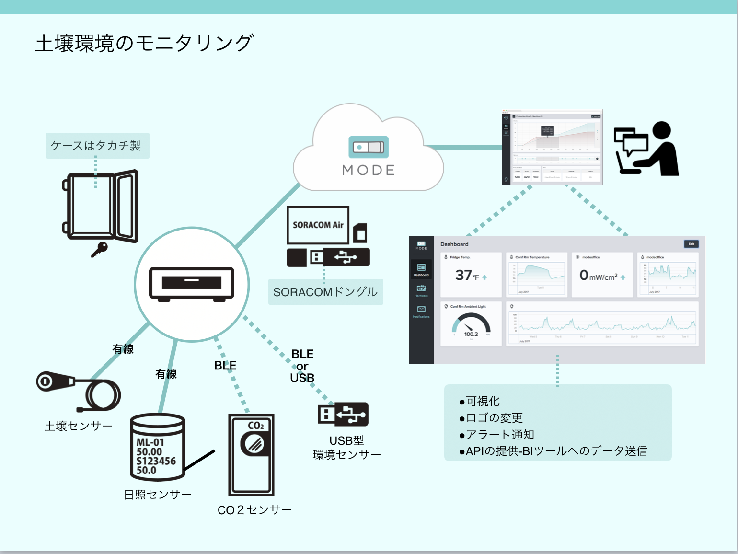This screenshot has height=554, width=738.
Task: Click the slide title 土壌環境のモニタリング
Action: click(x=144, y=43)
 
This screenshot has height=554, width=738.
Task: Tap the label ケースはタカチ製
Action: click(x=96, y=146)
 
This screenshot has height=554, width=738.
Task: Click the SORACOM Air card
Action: click(x=318, y=225)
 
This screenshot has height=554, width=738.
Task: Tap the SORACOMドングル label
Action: click(x=325, y=292)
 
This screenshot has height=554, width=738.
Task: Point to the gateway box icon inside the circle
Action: click(x=192, y=284)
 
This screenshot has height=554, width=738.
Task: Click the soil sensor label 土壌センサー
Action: click(x=79, y=426)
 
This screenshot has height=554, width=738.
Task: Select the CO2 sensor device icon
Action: click(x=252, y=455)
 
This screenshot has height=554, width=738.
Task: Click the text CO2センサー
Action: click(x=254, y=510)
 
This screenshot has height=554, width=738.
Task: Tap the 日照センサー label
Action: click(x=158, y=494)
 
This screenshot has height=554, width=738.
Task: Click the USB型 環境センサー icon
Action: click(x=343, y=414)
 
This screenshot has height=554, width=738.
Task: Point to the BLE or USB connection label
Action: click(x=302, y=366)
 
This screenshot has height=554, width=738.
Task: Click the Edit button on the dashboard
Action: click(x=691, y=244)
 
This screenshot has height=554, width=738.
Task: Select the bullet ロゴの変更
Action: click(x=494, y=418)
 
